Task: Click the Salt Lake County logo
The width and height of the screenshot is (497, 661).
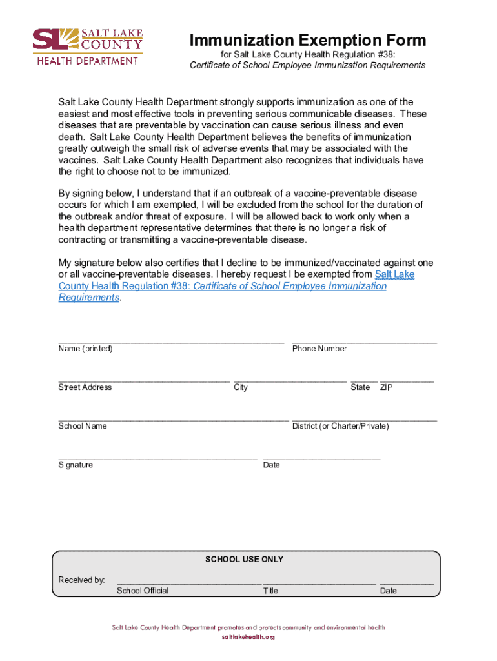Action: [x=88, y=46]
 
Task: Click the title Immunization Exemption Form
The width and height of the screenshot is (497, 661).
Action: [x=308, y=41]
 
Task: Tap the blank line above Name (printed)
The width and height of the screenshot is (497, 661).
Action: [x=171, y=341]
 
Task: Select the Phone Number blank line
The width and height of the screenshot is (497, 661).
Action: [x=364, y=341]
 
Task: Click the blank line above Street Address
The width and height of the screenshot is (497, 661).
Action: [x=144, y=380]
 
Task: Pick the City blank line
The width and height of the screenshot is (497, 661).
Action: [x=290, y=380]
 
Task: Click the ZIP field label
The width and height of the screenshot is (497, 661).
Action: [x=387, y=387]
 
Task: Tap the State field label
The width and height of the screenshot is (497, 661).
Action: [x=360, y=387]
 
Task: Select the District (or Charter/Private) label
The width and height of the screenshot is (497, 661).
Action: [x=340, y=426]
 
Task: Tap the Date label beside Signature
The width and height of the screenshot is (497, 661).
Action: [x=271, y=465]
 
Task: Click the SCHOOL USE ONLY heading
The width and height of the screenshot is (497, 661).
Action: [x=244, y=559]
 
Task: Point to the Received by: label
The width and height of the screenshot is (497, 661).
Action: [x=81, y=580]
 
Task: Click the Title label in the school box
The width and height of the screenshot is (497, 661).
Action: [x=270, y=591]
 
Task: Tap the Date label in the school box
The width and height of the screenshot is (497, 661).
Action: [x=389, y=591]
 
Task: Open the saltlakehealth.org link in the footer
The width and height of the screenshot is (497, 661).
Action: [x=249, y=637]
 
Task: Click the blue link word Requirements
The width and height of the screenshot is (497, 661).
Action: [x=89, y=298]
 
